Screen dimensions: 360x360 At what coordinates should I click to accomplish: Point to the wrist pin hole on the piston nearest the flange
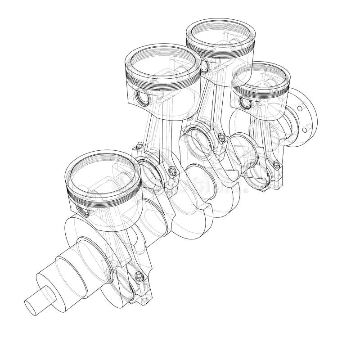(246, 103)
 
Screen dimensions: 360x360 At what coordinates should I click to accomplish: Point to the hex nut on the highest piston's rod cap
(221, 137)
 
